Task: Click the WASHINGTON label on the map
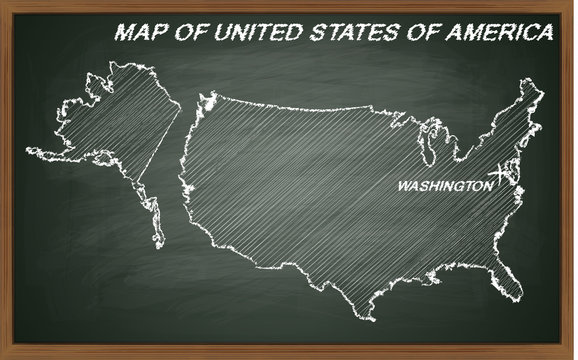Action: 443,186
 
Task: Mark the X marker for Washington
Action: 502,172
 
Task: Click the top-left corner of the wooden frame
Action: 4,4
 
